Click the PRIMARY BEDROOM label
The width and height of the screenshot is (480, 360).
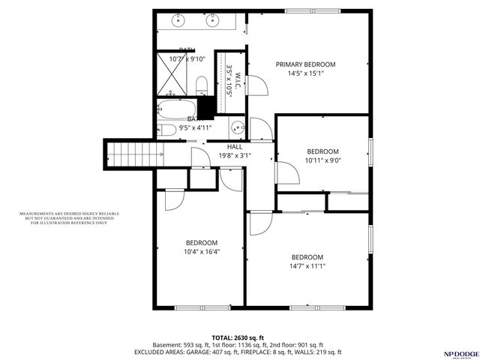305,64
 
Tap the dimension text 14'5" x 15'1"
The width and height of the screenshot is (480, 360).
305,73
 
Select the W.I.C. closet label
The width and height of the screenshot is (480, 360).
235,82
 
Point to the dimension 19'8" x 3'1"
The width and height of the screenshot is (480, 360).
234,156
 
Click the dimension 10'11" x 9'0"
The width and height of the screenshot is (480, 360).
322,160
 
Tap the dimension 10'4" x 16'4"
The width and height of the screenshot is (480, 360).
202,252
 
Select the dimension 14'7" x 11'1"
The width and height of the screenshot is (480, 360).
307,265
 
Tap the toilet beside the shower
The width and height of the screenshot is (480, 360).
201,85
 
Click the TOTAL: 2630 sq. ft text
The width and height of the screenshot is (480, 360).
238,337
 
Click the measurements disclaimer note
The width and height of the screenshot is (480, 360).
69,218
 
